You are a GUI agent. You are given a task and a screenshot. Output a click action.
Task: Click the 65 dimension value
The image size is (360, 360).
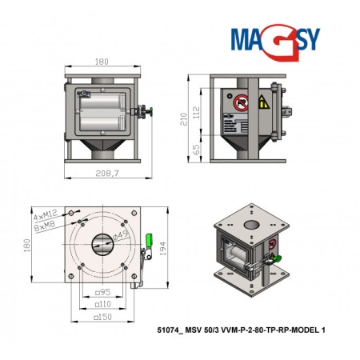(x=195, y=150)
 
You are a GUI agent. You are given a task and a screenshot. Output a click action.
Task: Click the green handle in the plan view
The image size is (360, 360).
(x=150, y=239)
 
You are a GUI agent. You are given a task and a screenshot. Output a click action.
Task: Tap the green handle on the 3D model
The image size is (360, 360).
(x=277, y=258)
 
